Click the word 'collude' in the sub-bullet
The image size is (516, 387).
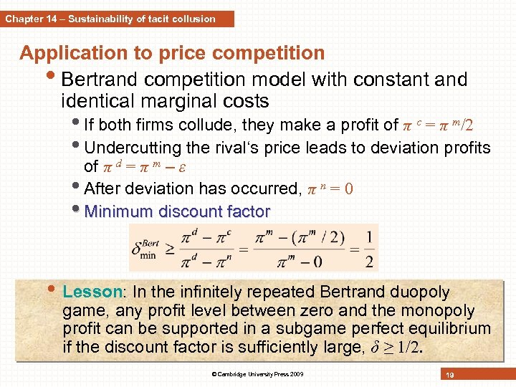(224, 125)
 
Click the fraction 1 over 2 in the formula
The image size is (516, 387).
(368, 248)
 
